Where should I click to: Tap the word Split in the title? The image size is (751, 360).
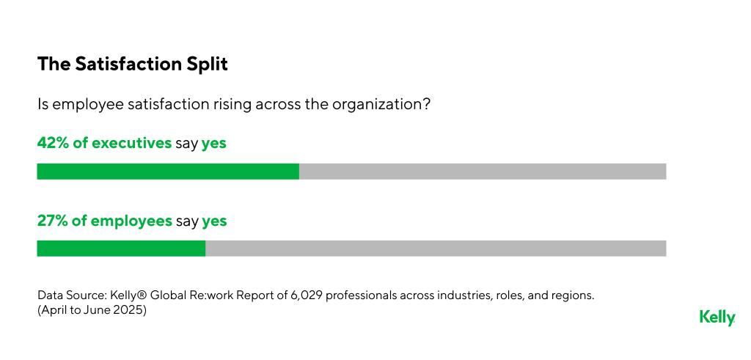coord(208,65)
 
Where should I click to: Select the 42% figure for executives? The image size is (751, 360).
coord(51,144)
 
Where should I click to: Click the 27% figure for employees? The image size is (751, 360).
coord(51,221)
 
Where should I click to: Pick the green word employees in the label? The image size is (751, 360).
coord(131,221)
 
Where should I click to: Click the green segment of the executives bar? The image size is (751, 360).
coord(168,172)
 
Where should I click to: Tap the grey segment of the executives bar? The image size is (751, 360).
coord(483,172)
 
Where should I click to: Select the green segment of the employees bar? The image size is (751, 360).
coord(121,249)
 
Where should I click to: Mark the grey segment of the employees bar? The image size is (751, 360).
coord(436,249)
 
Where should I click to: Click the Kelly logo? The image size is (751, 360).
coord(717,317)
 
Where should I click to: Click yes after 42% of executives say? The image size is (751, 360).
coord(214,144)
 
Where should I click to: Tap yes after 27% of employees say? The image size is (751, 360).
coord(214,221)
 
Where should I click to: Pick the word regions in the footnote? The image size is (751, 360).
coord(571,295)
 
